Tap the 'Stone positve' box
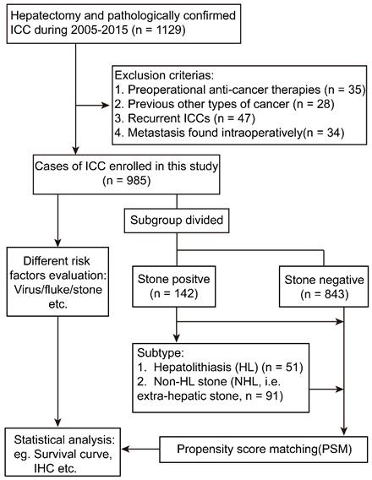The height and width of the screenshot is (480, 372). (178, 278)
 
